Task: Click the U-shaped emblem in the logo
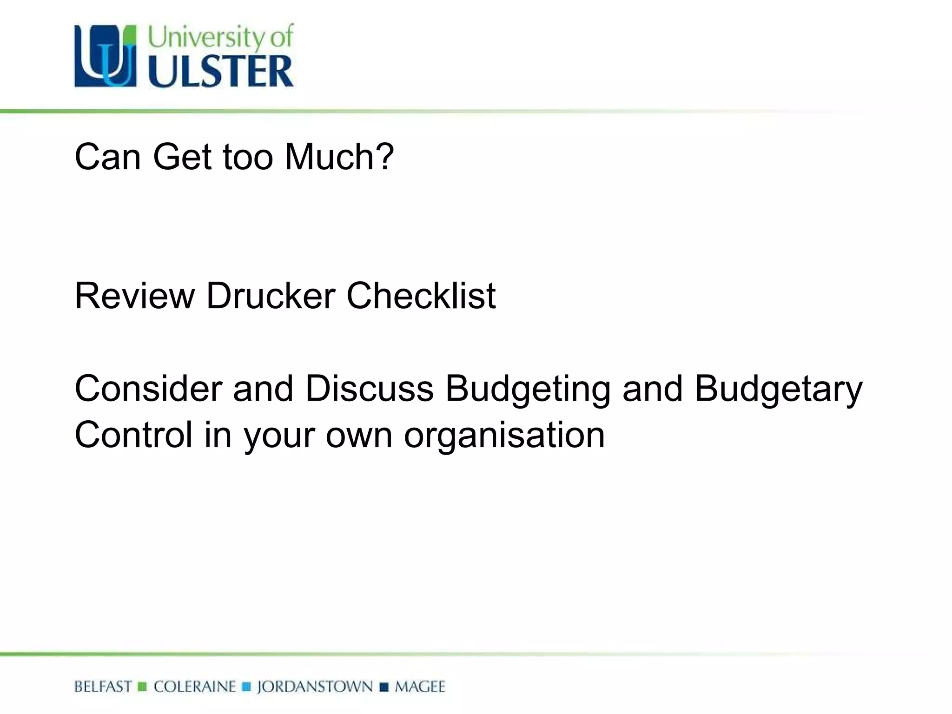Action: point(106,56)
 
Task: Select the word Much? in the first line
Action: point(339,157)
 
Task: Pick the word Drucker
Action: point(271,296)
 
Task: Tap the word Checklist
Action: point(421,296)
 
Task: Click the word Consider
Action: point(148,389)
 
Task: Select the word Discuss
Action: point(370,389)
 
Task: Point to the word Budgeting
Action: point(528,389)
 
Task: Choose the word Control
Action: point(133,435)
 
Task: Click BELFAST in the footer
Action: point(103,687)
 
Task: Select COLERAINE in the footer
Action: point(195,687)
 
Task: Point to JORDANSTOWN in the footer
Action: point(315,687)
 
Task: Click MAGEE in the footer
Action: point(420,687)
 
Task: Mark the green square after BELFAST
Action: point(143,687)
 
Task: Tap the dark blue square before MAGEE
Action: point(384,687)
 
